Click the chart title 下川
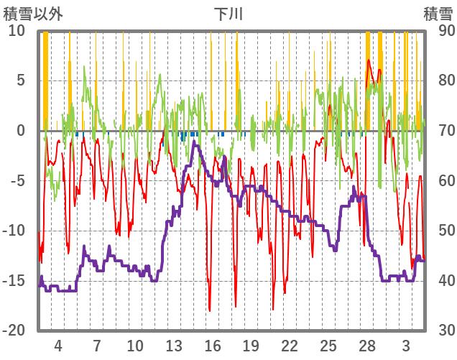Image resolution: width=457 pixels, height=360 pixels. coord(229,13)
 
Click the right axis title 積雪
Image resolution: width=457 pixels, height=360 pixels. coord(437,13)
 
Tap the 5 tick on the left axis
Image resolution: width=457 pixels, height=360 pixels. coord(21,80)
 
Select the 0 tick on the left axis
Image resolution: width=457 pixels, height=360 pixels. coord(21,131)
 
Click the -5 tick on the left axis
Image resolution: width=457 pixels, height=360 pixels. coord(18,180)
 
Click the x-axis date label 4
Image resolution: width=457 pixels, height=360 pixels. coord(58,345)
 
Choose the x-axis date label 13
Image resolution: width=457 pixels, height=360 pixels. coord(174,345)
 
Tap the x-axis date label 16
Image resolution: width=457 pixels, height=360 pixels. coord(213,345)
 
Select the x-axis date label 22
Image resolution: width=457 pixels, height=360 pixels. coord(290,345)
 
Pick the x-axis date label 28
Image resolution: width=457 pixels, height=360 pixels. coord(367,345)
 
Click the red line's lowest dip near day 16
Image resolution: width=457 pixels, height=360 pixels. coord(210,310)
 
